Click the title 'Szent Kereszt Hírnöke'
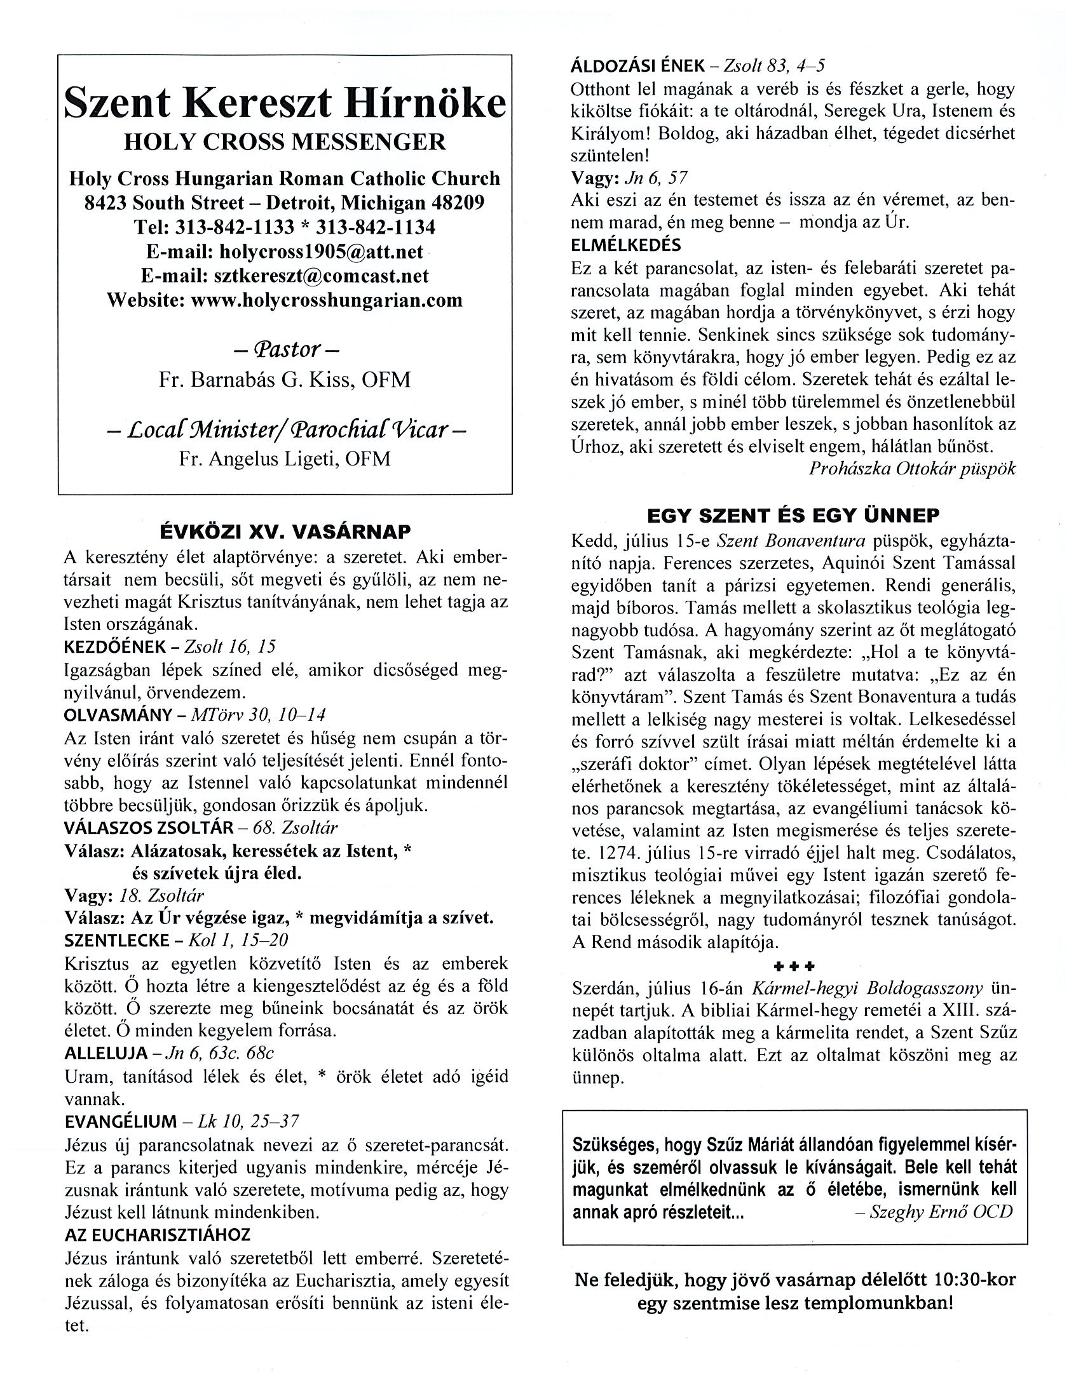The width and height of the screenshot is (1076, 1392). (x=285, y=104)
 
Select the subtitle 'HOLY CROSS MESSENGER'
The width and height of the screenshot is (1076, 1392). (x=285, y=142)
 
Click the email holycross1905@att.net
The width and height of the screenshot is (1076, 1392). (x=321, y=251)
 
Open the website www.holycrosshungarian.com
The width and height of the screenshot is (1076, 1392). (x=327, y=300)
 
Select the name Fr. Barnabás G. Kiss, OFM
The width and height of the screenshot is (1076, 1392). (x=285, y=380)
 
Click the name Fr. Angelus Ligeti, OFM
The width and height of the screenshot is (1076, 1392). (x=285, y=459)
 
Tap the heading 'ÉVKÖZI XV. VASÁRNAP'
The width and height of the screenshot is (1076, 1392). (x=285, y=532)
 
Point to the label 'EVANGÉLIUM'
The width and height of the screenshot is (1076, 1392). (x=121, y=1121)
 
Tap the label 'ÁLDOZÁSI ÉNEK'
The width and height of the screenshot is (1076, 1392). (x=638, y=65)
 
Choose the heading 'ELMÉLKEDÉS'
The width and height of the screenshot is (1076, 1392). (x=625, y=244)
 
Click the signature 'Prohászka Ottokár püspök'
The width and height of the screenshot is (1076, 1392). (x=911, y=469)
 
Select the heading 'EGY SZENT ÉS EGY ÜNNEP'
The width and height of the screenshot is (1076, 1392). (x=793, y=515)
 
